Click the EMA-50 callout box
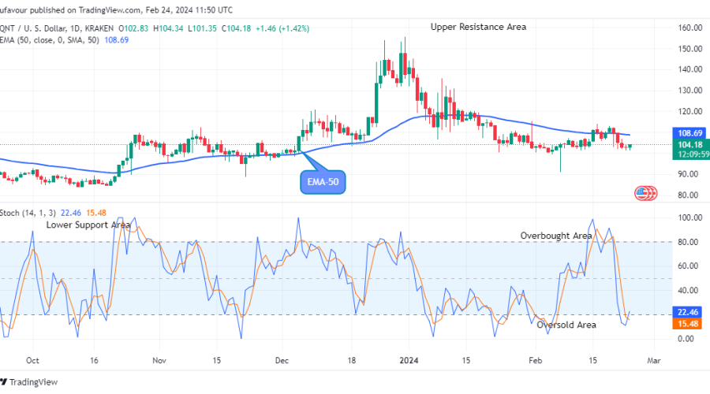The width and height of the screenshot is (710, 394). point(323,183)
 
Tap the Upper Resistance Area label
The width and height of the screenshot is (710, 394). point(478,27)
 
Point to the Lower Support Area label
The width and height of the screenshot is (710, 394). point(88,225)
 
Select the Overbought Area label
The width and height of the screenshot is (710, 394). point(555,236)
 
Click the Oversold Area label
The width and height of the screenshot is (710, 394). point(566,325)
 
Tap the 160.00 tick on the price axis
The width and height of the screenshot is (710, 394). point(691,28)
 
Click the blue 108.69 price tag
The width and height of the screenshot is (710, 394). point(691,134)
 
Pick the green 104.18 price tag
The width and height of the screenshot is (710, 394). point(691,144)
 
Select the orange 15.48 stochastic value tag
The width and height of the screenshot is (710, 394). point(691,324)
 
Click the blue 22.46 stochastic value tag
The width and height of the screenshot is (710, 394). point(691,312)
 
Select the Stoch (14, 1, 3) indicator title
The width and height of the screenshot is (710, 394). point(29,213)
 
